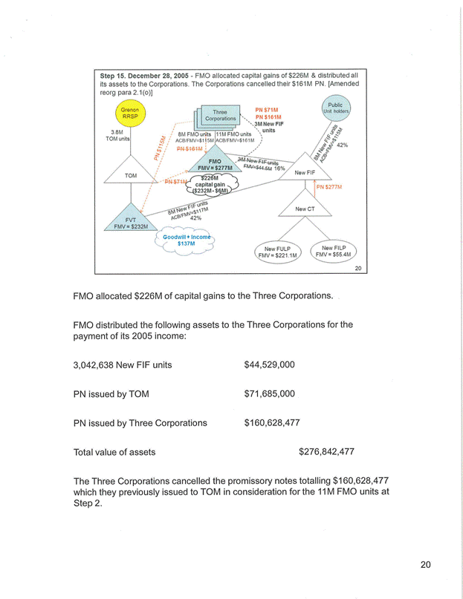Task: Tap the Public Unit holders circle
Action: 335,109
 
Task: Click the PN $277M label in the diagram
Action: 328,187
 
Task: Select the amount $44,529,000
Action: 270,364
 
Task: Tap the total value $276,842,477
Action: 326,451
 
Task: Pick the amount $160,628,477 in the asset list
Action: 271,422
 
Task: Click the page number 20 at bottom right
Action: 425,565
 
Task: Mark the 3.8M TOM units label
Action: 118,135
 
